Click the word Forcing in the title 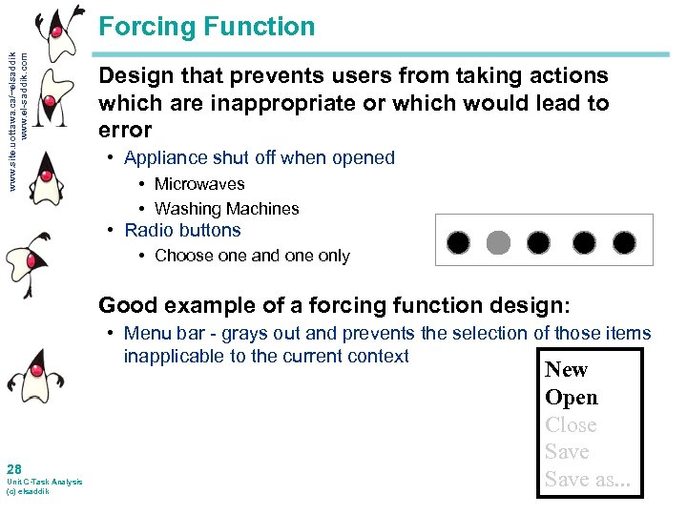click(146, 27)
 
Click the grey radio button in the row click(498, 242)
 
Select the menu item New click(566, 370)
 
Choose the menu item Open click(571, 398)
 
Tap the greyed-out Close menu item click(571, 425)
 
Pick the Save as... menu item click(588, 480)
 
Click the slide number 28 click(14, 468)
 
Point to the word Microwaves click(199, 184)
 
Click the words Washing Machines click(226, 209)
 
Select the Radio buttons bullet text click(182, 230)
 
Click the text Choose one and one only click(252, 256)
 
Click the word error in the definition click(125, 130)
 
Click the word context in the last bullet click(379, 357)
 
